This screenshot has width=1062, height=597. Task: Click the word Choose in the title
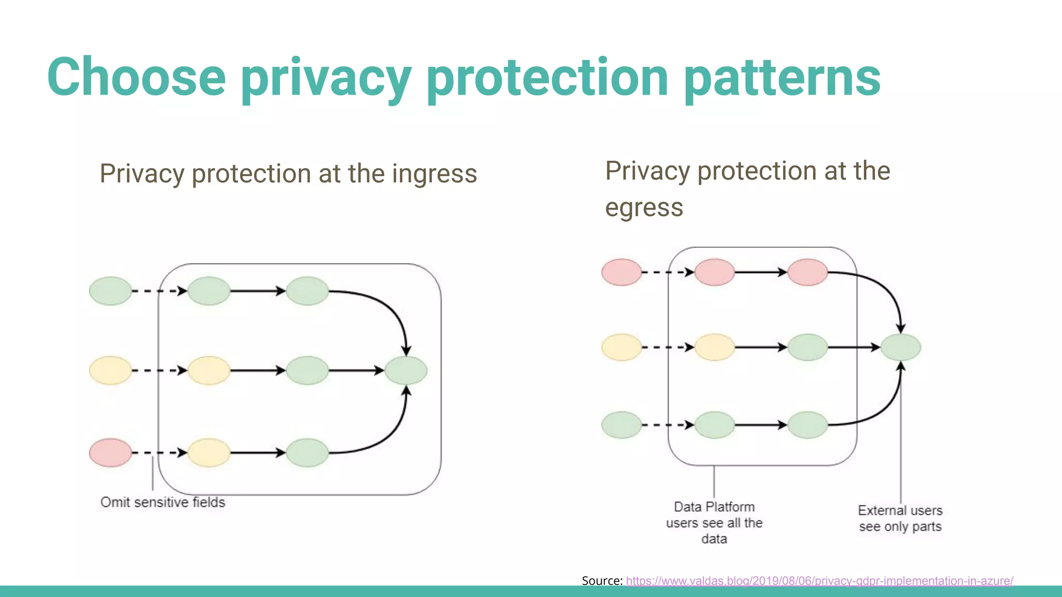point(136,78)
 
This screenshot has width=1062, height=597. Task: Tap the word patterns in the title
point(782,78)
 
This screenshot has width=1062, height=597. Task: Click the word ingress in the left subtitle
point(434,174)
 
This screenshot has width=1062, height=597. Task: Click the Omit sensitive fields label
point(163,502)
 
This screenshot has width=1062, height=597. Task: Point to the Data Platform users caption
point(714,522)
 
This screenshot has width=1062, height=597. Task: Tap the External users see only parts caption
point(900,518)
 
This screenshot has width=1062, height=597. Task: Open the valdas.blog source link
point(819,581)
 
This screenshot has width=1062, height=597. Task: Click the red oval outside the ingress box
point(110,452)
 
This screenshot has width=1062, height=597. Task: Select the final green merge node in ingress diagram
point(406,371)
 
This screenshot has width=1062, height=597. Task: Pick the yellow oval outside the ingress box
point(110,371)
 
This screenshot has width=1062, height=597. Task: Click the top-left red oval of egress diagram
point(621,272)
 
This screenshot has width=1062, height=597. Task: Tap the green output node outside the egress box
point(901,347)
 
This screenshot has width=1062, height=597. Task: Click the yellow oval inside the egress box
point(714,347)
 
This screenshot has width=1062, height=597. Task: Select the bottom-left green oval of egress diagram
point(621,425)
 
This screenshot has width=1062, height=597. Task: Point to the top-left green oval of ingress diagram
point(110,291)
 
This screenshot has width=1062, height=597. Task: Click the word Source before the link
point(601,581)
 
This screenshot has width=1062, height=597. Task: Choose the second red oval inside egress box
point(807,272)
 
